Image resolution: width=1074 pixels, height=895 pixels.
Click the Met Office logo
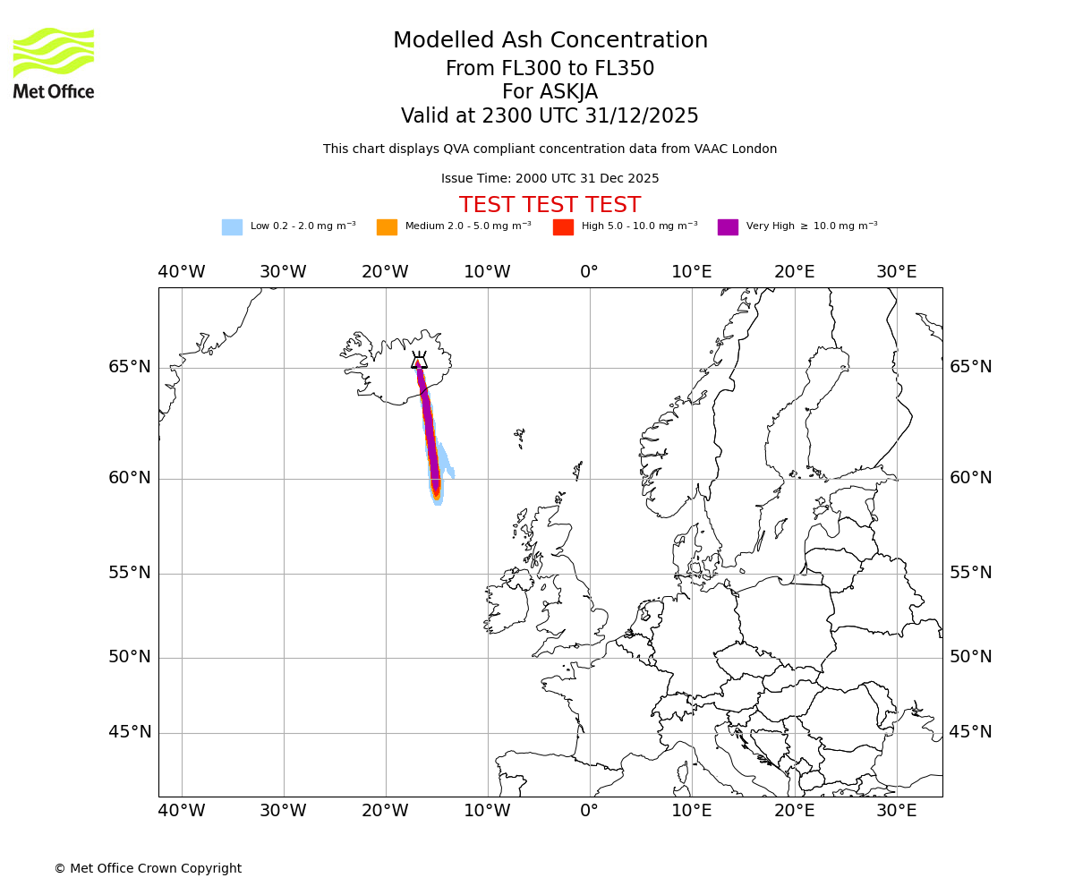54,63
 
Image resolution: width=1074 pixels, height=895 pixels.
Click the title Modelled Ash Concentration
550,41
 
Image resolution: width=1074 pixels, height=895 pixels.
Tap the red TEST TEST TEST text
550,206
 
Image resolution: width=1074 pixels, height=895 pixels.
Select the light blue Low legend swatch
232,227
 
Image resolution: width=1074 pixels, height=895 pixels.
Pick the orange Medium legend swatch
387,227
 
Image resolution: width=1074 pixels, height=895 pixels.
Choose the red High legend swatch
563,227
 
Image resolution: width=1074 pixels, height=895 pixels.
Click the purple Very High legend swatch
728,227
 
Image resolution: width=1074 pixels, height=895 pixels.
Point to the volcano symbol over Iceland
419,361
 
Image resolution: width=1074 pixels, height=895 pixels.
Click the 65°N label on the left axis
130,367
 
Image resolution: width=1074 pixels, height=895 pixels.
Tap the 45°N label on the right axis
970,732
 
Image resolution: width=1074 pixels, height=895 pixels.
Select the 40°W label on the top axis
182,272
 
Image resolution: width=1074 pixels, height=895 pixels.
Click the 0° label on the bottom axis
589,811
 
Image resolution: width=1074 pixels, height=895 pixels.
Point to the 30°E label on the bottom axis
896,811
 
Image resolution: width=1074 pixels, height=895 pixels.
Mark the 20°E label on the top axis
794,272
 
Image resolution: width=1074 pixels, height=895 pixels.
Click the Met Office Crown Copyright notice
148,869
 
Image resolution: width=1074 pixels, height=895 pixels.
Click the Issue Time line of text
550,179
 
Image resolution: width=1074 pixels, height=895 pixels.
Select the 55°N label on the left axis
130,573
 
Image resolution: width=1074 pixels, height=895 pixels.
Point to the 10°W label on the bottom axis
487,811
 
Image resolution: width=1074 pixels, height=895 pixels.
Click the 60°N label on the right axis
970,478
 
